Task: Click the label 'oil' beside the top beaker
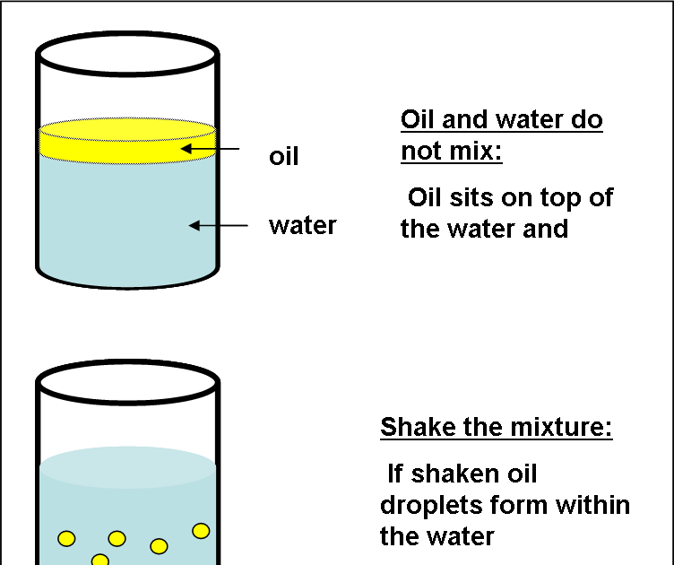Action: [283, 157]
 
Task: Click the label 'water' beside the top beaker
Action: [302, 225]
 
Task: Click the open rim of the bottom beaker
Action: [127, 380]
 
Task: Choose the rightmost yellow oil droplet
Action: [201, 531]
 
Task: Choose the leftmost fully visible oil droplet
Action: [66, 538]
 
